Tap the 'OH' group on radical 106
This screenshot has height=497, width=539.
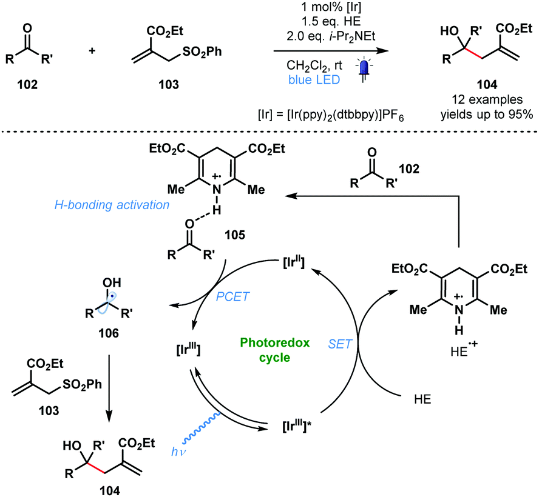110,284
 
